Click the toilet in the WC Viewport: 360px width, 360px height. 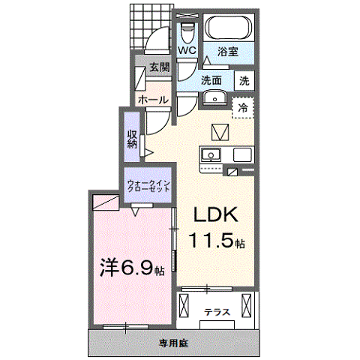[x=187, y=33]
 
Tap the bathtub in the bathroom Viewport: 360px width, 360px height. [x=228, y=28]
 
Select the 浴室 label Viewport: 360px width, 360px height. [x=228, y=52]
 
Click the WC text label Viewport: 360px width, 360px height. [x=187, y=51]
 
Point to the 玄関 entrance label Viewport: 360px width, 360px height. [x=160, y=67]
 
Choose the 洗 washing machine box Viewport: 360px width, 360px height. [x=244, y=80]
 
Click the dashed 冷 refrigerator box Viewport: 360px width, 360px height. [x=243, y=108]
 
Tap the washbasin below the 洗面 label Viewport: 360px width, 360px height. [x=214, y=97]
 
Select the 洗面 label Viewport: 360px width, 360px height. [x=211, y=80]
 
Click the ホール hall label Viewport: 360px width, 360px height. [x=153, y=100]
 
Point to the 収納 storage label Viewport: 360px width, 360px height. [x=133, y=139]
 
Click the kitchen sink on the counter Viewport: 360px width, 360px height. [x=211, y=155]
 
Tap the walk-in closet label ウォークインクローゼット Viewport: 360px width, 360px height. [x=148, y=186]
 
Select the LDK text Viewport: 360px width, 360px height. [x=216, y=214]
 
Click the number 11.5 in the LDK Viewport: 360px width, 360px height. [x=212, y=240]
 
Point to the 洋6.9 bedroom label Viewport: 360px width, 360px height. [x=132, y=268]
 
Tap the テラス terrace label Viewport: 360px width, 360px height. [x=217, y=312]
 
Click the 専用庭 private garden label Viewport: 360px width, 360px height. [x=174, y=343]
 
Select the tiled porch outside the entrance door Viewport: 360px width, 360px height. [x=151, y=26]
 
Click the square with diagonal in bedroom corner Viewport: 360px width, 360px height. [x=106, y=202]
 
